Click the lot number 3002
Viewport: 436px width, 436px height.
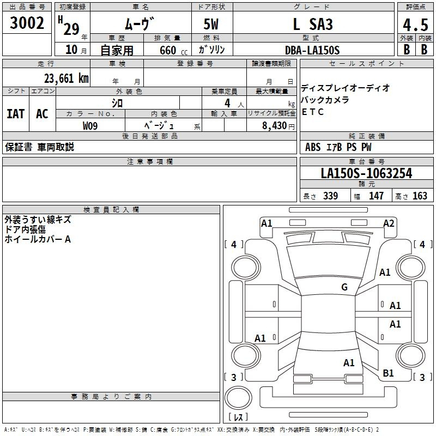[27, 23]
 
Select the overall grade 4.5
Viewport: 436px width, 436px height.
[415, 25]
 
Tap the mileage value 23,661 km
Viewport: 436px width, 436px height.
[66, 78]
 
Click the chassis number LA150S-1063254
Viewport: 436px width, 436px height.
[366, 173]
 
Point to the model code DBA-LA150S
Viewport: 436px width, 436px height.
[312, 50]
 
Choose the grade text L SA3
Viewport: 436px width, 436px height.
[313, 24]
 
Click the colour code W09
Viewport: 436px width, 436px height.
[90, 126]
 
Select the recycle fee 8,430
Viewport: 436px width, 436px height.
[275, 125]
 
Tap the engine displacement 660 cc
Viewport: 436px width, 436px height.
[173, 51]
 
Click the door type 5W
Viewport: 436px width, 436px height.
[211, 24]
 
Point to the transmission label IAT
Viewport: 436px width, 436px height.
[16, 114]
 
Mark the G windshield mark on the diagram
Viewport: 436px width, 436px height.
[344, 287]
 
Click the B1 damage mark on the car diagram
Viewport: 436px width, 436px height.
[388, 373]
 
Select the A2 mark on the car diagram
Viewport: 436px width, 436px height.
[389, 223]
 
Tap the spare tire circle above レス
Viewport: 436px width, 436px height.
[238, 397]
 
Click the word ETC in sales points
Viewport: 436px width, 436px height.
[312, 112]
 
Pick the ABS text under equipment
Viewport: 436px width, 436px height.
[313, 147]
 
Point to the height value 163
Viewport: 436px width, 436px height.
[420, 196]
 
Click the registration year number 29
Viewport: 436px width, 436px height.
[71, 29]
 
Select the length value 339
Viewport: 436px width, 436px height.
[331, 196]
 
